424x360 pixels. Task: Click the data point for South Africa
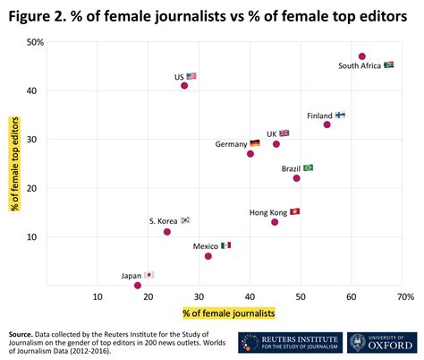click(x=362, y=56)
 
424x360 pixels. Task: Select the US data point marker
click(x=184, y=86)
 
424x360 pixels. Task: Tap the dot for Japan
click(x=138, y=286)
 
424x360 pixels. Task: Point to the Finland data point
click(x=327, y=124)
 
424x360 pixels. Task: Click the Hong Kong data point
click(x=275, y=222)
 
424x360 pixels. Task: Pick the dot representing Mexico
click(x=208, y=256)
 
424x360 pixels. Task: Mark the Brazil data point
click(x=297, y=178)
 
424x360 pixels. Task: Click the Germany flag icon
click(x=255, y=143)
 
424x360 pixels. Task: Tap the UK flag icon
click(x=284, y=133)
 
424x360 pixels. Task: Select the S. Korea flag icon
click(x=185, y=220)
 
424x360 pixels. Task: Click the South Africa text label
click(x=359, y=66)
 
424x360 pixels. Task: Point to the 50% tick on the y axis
click(x=36, y=42)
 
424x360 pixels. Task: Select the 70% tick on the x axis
click(x=403, y=296)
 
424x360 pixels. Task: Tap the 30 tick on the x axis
click(x=199, y=296)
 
